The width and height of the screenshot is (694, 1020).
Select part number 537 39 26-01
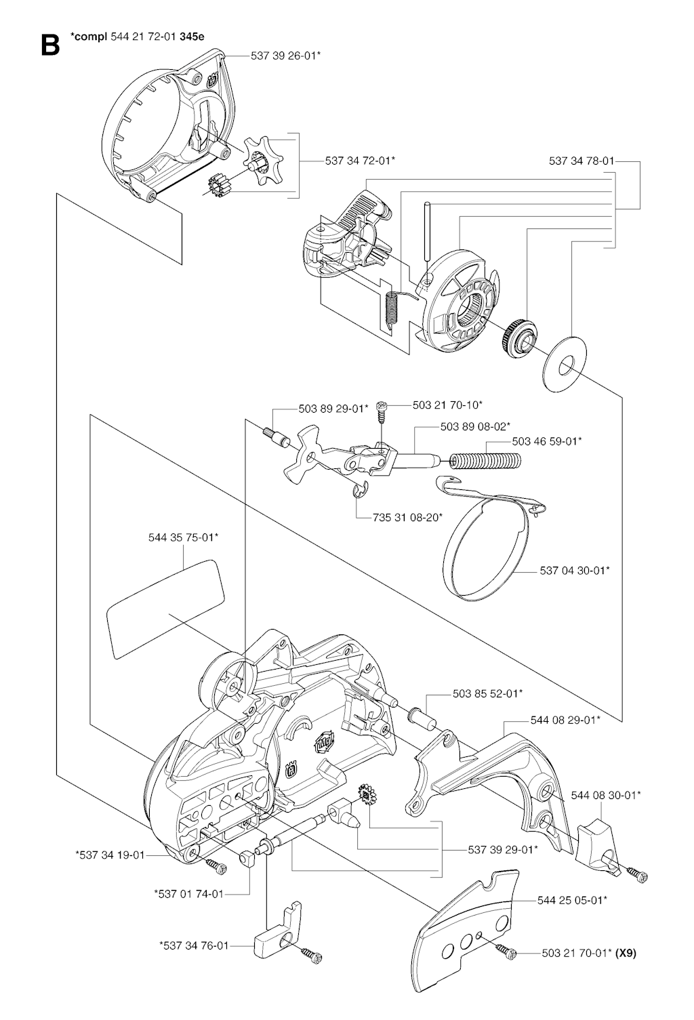coord(285,56)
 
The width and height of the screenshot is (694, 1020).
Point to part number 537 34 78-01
coord(581,161)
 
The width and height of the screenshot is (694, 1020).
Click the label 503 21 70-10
coord(447,405)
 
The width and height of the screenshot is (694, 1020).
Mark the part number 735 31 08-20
coord(407,516)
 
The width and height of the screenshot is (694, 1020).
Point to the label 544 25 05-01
coord(571,900)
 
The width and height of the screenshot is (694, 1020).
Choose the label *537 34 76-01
coord(193,945)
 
